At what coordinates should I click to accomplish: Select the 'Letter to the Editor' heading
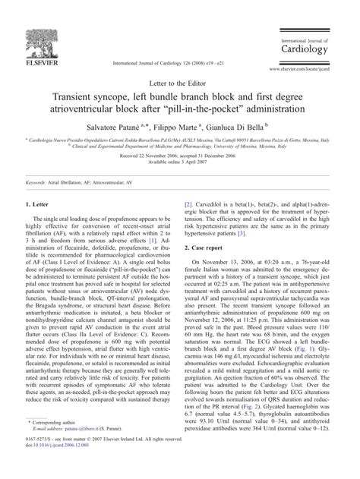[x=180, y=83]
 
